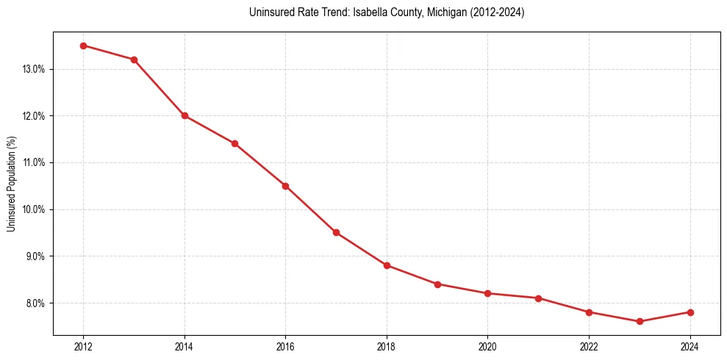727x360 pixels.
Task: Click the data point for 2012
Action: [83, 46]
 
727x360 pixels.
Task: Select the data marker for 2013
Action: [134, 60]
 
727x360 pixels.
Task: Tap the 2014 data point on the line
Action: [185, 115]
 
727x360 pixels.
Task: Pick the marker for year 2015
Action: [234, 143]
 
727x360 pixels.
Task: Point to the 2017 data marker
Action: [336, 232]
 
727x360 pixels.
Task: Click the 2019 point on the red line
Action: [437, 284]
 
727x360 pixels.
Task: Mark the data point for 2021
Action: [538, 298]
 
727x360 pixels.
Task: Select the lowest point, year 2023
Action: [640, 321]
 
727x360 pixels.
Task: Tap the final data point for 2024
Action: [690, 312]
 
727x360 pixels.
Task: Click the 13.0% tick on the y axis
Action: [35, 69]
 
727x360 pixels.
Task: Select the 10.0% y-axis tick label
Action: [35, 209]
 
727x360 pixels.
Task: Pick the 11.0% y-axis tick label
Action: [35, 162]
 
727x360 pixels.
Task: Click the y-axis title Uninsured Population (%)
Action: [11, 183]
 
